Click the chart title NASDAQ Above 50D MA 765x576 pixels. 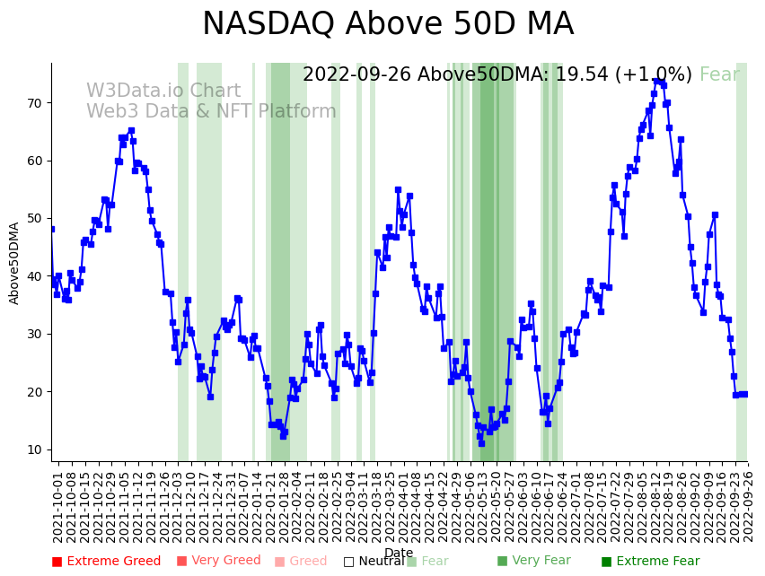(x=387, y=25)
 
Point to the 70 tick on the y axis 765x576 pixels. (x=34, y=103)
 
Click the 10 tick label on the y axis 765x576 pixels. (x=34, y=449)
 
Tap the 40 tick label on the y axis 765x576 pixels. (x=34, y=276)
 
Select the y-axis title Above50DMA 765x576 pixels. (x=14, y=263)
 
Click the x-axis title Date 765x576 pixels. (x=399, y=554)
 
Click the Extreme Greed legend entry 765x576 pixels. (x=106, y=562)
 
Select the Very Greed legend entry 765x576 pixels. (x=218, y=561)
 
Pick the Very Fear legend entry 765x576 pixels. (x=533, y=561)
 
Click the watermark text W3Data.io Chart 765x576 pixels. (x=163, y=92)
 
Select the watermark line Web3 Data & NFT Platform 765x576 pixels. (x=211, y=112)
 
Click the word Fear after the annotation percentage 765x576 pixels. (x=719, y=75)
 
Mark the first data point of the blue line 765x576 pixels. (x=51, y=229)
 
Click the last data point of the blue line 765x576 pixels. (x=744, y=394)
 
